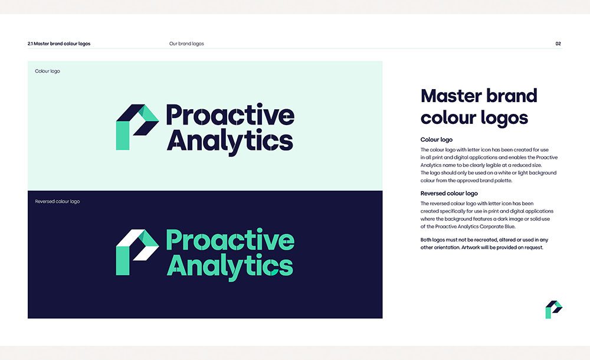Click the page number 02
558,44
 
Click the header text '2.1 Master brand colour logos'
59,44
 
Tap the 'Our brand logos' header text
186,44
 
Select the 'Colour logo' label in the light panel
47,71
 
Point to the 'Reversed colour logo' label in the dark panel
57,201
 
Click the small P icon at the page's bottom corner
553,309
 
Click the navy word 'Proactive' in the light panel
230,114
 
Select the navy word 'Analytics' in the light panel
230,142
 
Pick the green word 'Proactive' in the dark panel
230,240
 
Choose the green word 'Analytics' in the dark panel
230,267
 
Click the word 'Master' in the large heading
451,96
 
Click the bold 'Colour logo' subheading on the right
437,140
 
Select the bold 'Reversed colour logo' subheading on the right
449,194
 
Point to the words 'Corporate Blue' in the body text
497,227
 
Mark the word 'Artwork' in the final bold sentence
471,247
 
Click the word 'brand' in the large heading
512,96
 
